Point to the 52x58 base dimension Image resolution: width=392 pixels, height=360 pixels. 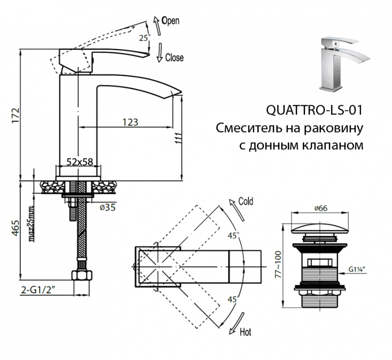[80, 162]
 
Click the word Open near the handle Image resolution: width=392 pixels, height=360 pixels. [170, 21]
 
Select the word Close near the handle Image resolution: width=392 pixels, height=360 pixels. [174, 58]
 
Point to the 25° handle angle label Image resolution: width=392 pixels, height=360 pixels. [144, 37]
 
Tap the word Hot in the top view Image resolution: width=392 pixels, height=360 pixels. [245, 333]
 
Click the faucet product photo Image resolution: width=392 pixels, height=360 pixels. [341, 65]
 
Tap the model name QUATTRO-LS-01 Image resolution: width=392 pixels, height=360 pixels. [314, 110]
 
